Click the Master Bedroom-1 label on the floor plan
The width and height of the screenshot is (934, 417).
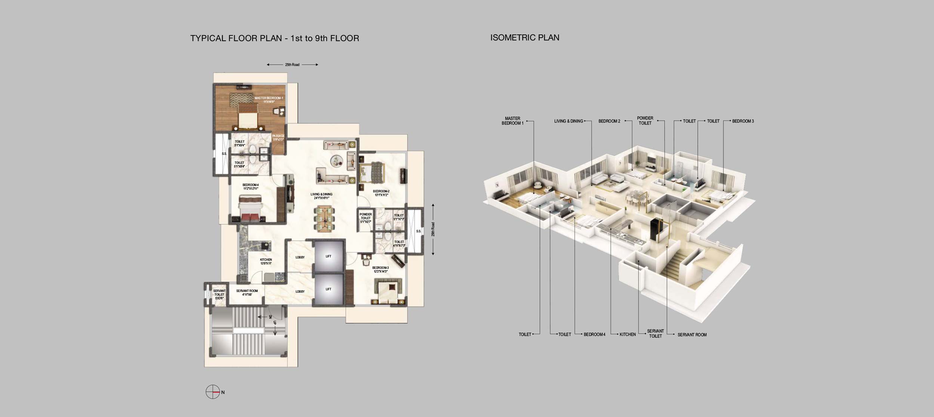click(x=269, y=99)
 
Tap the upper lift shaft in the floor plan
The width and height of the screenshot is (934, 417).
click(x=328, y=257)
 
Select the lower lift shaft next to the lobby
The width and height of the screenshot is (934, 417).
click(x=328, y=289)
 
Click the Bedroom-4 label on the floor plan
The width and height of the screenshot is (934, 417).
click(x=250, y=187)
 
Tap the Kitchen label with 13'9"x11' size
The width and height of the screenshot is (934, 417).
click(x=266, y=261)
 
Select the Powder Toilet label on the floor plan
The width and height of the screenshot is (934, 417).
click(x=365, y=218)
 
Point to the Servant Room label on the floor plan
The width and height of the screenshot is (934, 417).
click(x=247, y=292)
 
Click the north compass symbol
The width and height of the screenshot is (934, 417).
click(x=213, y=392)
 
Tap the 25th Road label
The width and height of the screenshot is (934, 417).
click(x=292, y=65)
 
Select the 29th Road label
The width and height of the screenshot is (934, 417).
click(x=433, y=229)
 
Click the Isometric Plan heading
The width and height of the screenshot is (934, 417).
click(x=525, y=37)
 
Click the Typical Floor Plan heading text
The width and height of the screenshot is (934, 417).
click(x=275, y=38)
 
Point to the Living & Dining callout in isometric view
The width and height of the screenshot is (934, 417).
click(x=568, y=121)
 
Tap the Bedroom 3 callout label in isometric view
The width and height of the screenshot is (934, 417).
click(x=743, y=121)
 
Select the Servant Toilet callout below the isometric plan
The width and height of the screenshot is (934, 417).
click(x=655, y=334)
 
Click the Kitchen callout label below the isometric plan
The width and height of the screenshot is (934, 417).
click(x=627, y=334)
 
